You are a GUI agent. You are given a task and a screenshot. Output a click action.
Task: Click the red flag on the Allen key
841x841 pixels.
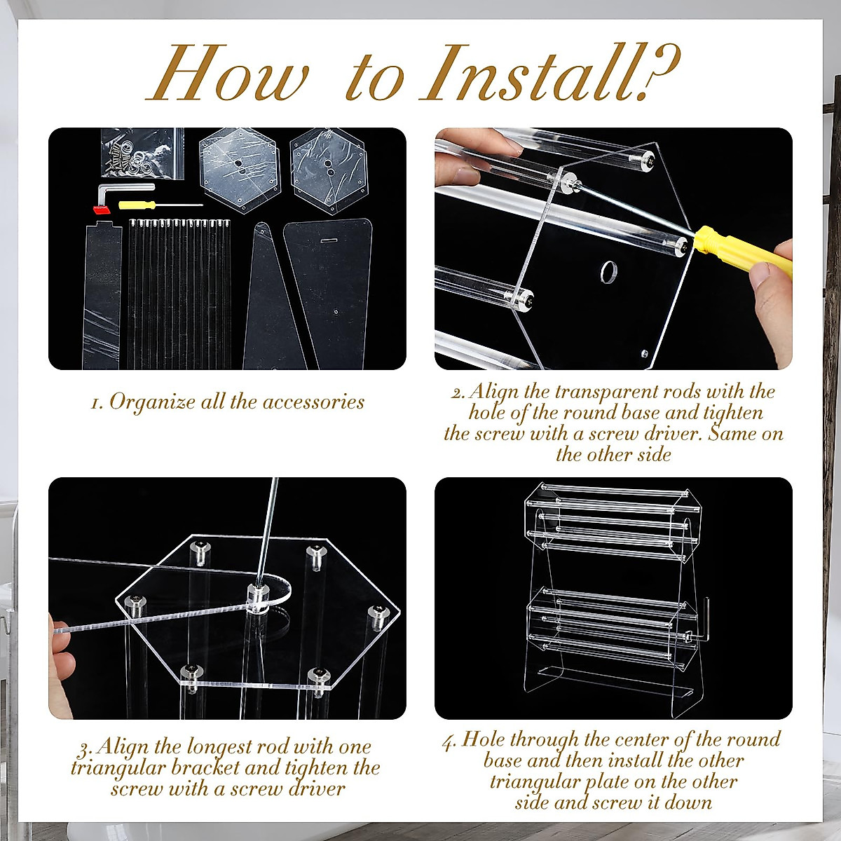coord(102,210)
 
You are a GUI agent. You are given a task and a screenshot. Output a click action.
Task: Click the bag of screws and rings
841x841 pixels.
coord(143,153)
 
